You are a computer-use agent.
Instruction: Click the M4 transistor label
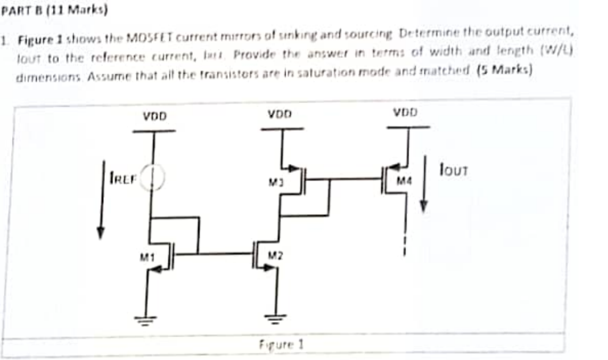pyautogui.click(x=406, y=182)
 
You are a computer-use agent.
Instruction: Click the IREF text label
pyautogui.click(x=122, y=179)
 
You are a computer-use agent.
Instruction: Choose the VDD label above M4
pyautogui.click(x=406, y=111)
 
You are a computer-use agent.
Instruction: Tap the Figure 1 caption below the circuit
pyautogui.click(x=282, y=345)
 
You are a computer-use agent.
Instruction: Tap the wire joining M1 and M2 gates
pyautogui.click(x=225, y=253)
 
